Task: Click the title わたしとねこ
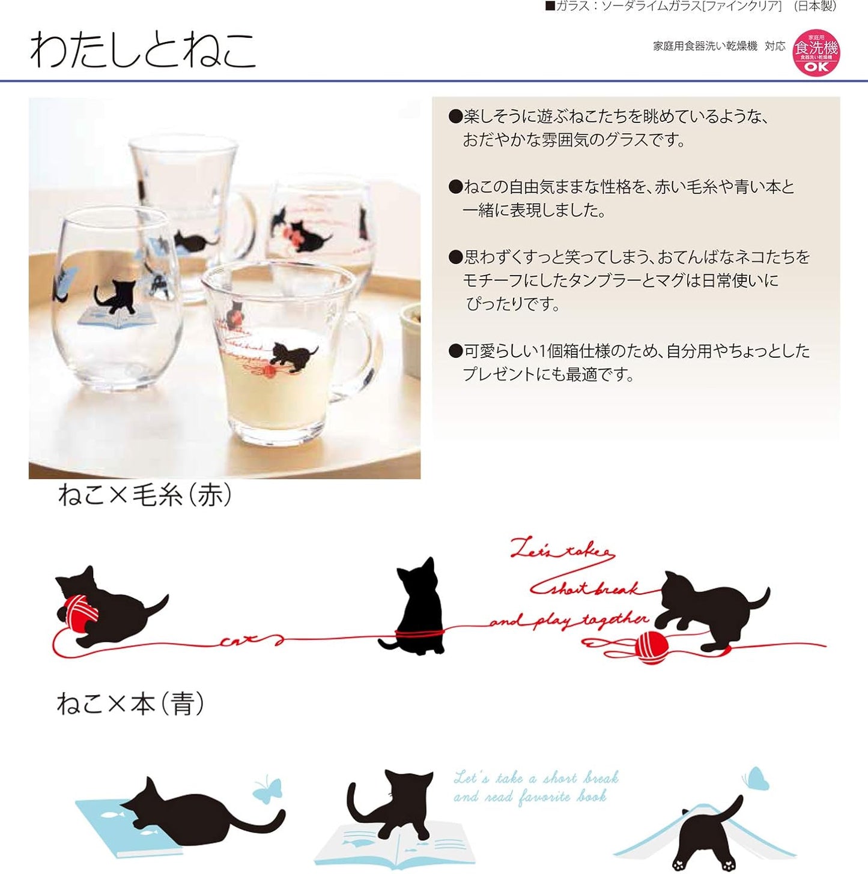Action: tap(143, 50)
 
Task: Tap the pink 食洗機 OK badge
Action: tap(816, 53)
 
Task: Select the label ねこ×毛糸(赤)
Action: tap(145, 495)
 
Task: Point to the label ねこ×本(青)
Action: tap(130, 703)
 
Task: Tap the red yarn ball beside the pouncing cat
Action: tap(651, 647)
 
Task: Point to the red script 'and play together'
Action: tap(568, 620)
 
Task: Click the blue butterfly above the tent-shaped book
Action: tap(756, 779)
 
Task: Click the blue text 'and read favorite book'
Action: tap(530, 797)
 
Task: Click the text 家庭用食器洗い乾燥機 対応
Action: tap(718, 46)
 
